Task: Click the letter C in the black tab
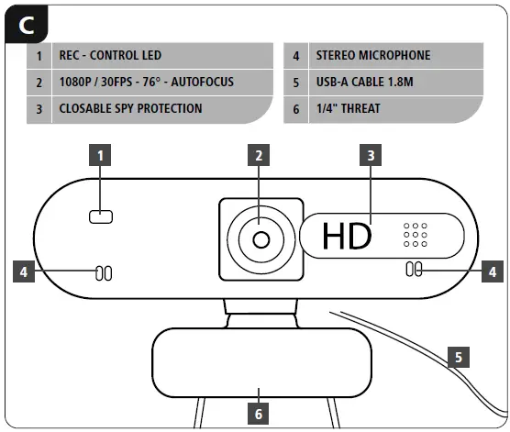27,25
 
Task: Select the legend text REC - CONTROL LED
110,55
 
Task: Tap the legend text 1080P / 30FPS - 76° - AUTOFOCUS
146,82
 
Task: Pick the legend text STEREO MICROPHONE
371,55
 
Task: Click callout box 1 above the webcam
99,156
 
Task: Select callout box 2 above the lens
260,156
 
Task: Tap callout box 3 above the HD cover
370,156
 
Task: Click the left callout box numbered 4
24,271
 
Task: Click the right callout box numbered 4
493,271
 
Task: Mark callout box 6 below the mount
260,412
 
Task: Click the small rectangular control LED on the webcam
99,216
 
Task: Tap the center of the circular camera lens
261,239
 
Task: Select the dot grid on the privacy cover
416,235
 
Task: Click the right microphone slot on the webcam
415,270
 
